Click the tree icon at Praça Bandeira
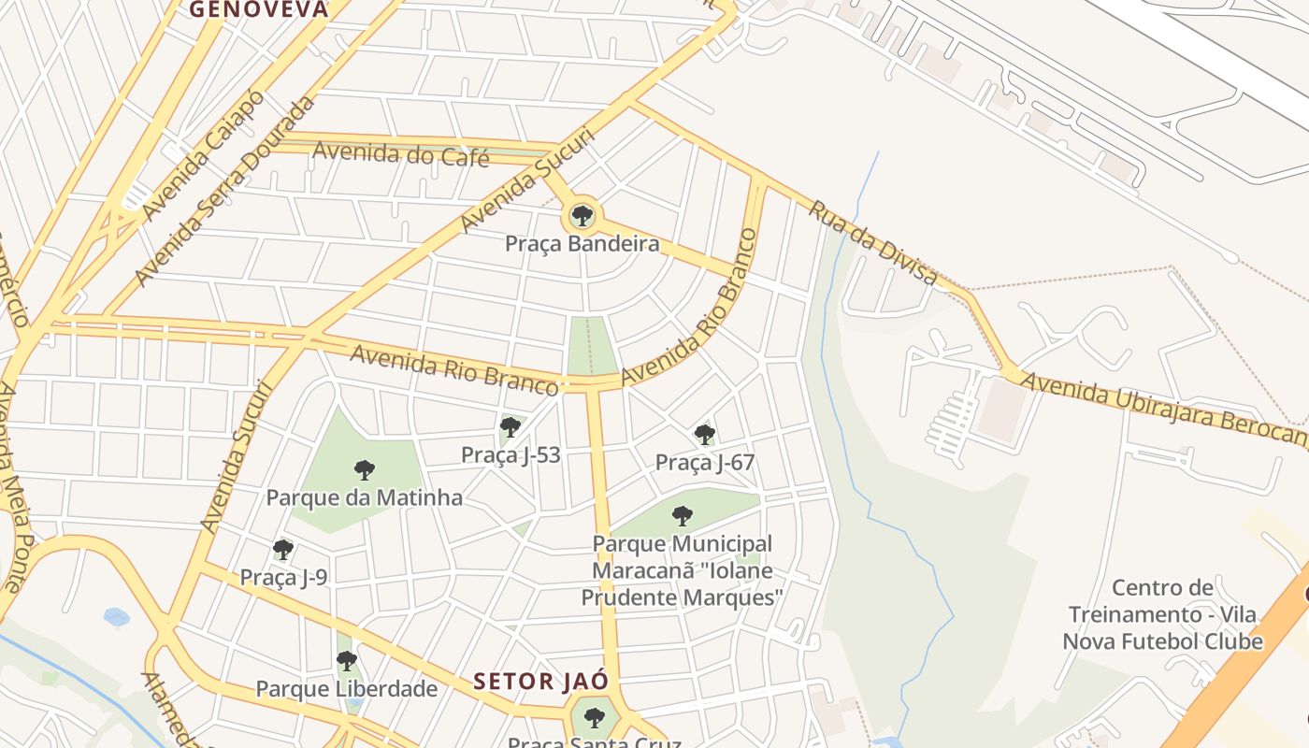pyautogui.click(x=583, y=217)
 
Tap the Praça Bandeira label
pyautogui.click(x=582, y=244)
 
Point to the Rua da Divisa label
pyautogui.click(x=872, y=241)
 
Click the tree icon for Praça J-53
pyautogui.click(x=510, y=428)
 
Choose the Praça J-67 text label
pyautogui.click(x=704, y=462)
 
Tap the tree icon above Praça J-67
pyautogui.click(x=704, y=434)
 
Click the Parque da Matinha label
pyautogui.click(x=364, y=497)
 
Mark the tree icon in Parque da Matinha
pyautogui.click(x=364, y=469)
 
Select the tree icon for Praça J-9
pyautogui.click(x=282, y=550)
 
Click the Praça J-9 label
pyautogui.click(x=283, y=578)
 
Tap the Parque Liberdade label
pyautogui.click(x=346, y=689)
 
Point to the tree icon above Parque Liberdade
pyautogui.click(x=346, y=661)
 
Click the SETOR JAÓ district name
pyautogui.click(x=540, y=681)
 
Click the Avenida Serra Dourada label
pyautogui.click(x=223, y=192)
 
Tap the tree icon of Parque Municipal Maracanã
pyautogui.click(x=683, y=515)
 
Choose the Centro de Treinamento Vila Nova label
pyautogui.click(x=1162, y=614)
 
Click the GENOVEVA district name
pyautogui.click(x=259, y=9)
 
